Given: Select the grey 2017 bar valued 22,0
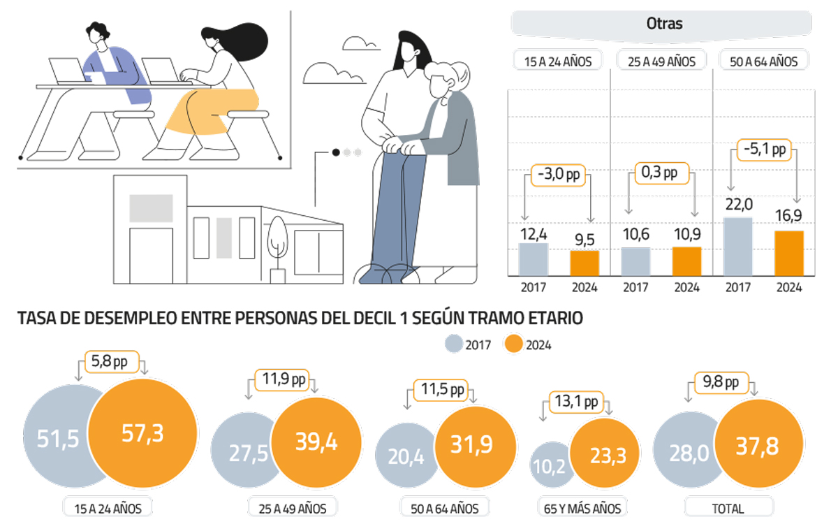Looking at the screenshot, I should point(738,247).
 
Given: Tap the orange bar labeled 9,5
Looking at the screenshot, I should point(585,263).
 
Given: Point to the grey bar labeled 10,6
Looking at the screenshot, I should point(635,261).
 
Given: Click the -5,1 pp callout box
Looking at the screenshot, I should point(764,150).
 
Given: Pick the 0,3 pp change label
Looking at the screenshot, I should point(661,172).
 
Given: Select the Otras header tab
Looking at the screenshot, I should point(663,24).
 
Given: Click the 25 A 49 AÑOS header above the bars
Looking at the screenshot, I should point(661,61).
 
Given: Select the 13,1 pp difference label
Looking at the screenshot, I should point(576,402).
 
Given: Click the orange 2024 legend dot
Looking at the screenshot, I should point(513,344).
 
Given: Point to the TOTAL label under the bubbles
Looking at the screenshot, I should point(728,508).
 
